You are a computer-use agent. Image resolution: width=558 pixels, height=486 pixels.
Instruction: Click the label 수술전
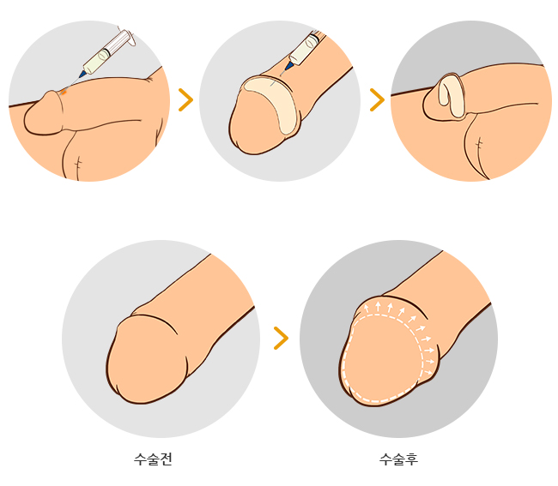(153, 459)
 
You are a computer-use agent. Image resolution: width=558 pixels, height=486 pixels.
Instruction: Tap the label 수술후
(398, 459)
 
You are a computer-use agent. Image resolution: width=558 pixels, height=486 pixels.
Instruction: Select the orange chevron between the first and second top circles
(185, 99)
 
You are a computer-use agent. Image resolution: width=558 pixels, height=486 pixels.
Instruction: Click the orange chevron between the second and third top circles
(378, 99)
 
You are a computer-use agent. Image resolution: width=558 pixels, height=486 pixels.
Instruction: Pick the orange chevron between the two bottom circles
(281, 339)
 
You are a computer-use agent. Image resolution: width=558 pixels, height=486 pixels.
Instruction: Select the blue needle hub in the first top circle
(82, 74)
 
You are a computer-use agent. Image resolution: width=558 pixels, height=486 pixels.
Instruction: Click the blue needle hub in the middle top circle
(289, 66)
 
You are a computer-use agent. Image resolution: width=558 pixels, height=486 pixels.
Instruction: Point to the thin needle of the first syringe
(72, 84)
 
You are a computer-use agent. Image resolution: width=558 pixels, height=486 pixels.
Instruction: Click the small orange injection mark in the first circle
(64, 93)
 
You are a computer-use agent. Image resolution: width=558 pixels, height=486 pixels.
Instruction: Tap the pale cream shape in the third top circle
(450, 96)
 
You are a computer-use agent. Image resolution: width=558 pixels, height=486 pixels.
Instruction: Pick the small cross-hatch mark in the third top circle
(479, 144)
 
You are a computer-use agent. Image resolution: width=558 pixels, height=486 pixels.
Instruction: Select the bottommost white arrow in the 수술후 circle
(428, 373)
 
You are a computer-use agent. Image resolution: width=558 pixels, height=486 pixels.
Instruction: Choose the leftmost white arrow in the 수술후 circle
(367, 309)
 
